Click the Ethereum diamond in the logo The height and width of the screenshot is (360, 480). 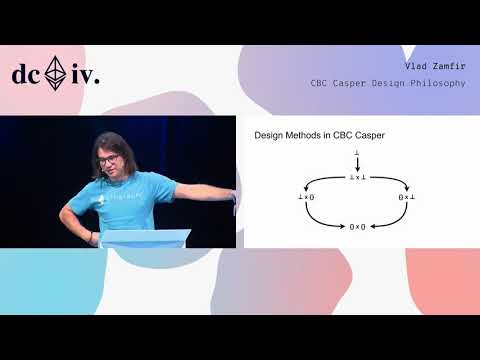click(x=58, y=73)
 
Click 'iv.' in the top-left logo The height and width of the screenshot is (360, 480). click(x=85, y=74)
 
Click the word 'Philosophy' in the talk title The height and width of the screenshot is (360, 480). click(x=441, y=82)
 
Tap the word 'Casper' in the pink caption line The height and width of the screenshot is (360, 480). click(x=356, y=82)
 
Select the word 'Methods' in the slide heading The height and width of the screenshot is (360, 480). click(x=304, y=134)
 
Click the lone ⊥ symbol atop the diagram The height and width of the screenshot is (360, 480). click(x=357, y=152)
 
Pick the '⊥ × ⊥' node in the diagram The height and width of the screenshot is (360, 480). click(x=357, y=177)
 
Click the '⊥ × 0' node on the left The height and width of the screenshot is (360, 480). click(x=306, y=198)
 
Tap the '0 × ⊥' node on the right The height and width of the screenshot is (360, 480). click(x=407, y=198)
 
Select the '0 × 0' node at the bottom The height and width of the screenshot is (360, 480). click(x=357, y=226)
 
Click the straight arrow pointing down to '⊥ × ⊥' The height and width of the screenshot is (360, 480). click(x=357, y=164)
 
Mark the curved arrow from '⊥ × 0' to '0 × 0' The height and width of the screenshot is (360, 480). click(x=318, y=219)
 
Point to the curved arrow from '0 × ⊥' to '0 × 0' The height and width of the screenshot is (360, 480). click(x=396, y=219)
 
